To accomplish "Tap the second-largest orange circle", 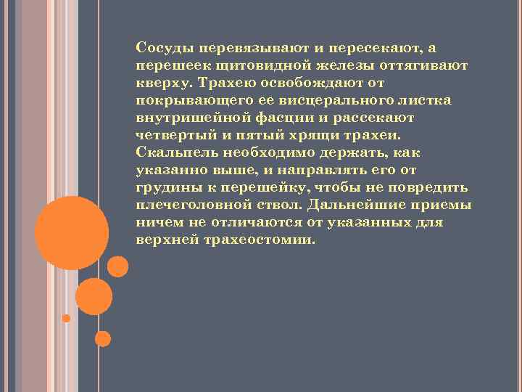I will [x=94, y=296].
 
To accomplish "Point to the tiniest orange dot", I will [x=66, y=319].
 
